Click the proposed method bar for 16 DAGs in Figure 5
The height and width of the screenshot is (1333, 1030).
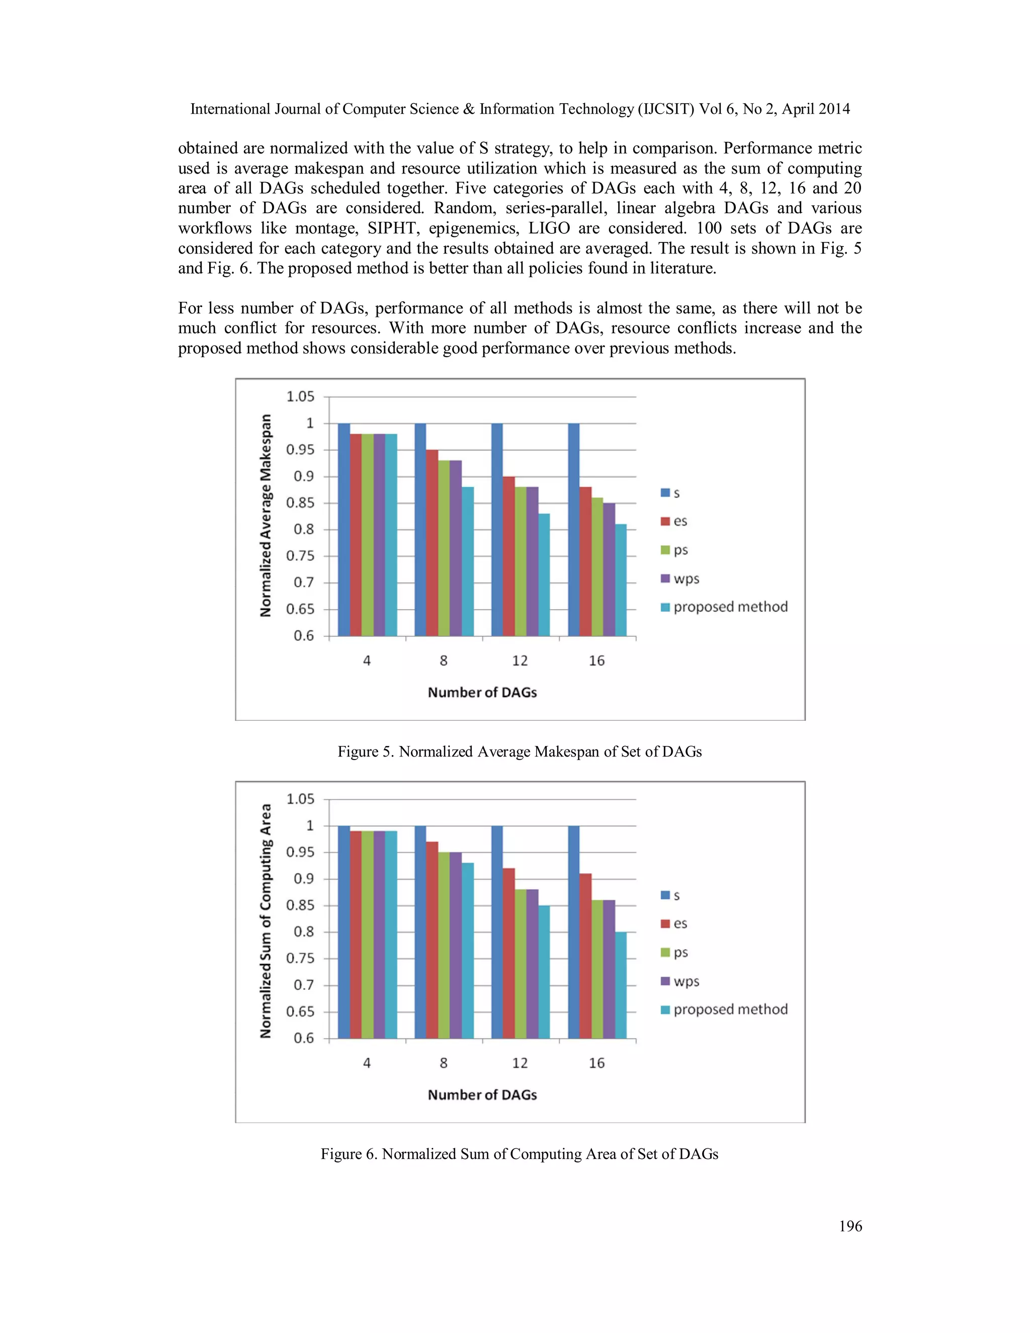click(x=621, y=580)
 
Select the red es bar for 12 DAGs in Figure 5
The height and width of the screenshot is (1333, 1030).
click(x=509, y=556)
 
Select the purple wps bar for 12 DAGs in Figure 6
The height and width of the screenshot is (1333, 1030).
click(x=532, y=964)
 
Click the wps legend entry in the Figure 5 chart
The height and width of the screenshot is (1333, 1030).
click(x=680, y=578)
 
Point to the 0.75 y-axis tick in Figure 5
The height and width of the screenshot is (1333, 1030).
click(x=300, y=556)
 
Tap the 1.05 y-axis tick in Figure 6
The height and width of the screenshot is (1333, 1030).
click(x=300, y=799)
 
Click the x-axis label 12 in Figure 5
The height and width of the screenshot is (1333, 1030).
click(x=520, y=660)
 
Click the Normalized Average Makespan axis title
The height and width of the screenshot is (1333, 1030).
click(x=266, y=516)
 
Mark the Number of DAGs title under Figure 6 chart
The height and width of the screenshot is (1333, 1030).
click(x=482, y=1095)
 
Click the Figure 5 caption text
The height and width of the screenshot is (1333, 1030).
click(x=520, y=752)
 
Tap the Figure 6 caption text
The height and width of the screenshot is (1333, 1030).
click(x=520, y=1153)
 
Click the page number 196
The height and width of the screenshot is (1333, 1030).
click(x=850, y=1226)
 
